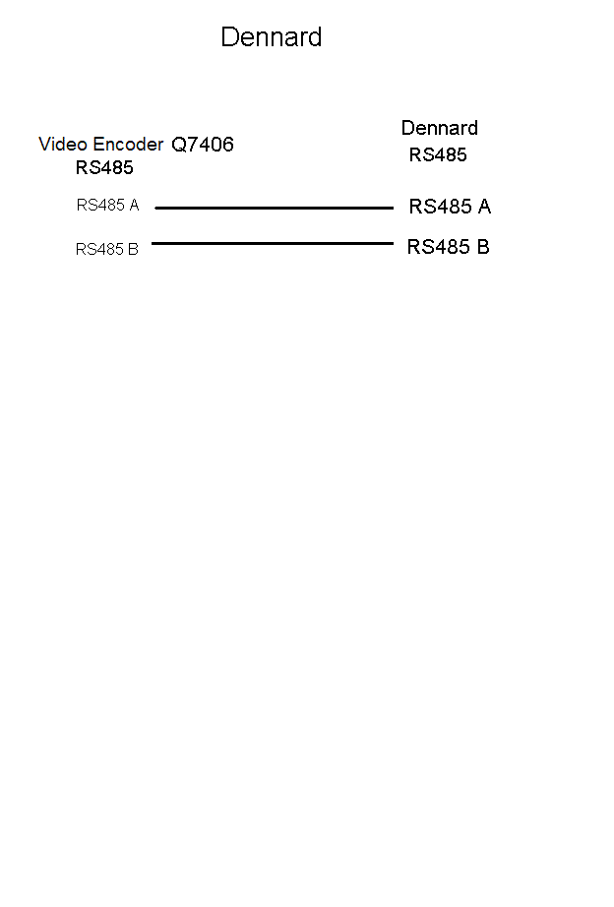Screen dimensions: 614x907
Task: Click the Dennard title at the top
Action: pyautogui.click(x=272, y=37)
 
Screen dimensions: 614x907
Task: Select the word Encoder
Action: pyautogui.click(x=129, y=144)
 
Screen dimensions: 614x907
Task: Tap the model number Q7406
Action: pyautogui.click(x=203, y=144)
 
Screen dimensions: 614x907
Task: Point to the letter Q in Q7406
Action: pyautogui.click(x=179, y=145)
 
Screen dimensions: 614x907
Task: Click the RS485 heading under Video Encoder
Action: pyautogui.click(x=104, y=168)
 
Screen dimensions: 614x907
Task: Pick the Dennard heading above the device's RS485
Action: pyautogui.click(x=440, y=128)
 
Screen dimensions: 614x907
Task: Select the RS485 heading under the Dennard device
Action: pyautogui.click(x=438, y=155)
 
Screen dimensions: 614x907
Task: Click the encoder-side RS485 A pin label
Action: pyautogui.click(x=107, y=205)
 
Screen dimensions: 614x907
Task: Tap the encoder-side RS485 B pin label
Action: pyautogui.click(x=107, y=249)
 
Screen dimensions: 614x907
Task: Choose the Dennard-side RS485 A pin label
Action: pyautogui.click(x=451, y=207)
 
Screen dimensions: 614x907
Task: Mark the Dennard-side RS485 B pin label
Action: pyautogui.click(x=449, y=247)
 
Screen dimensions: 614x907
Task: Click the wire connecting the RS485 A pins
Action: pyautogui.click(x=275, y=208)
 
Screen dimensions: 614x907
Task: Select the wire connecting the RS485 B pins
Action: pyautogui.click(x=273, y=244)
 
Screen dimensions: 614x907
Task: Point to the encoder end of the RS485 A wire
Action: pyautogui.click(x=155, y=208)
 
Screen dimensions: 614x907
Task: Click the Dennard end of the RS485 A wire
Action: pyautogui.click(x=393, y=208)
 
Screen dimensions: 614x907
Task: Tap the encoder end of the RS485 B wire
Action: pyautogui.click(x=153, y=244)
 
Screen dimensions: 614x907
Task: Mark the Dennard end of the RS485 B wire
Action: pyautogui.click(x=393, y=244)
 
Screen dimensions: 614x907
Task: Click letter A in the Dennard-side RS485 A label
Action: pyautogui.click(x=484, y=207)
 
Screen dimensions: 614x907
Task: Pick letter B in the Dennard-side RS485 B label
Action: pyautogui.click(x=483, y=247)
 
